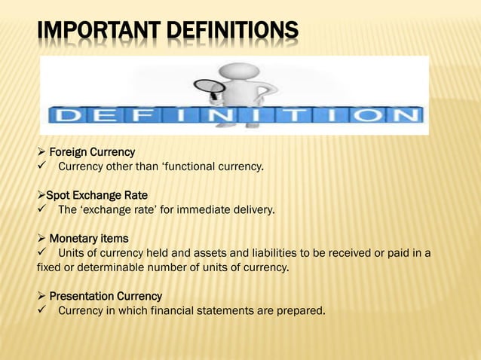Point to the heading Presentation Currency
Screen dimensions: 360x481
(x=106, y=296)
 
